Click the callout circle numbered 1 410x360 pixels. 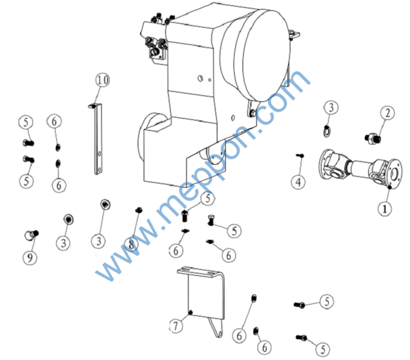[384, 209]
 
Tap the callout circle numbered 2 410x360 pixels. [387, 113]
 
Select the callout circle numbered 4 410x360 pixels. [298, 182]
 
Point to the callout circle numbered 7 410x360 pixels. [176, 326]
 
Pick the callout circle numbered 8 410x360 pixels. [131, 244]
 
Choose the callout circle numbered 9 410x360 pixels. [30, 258]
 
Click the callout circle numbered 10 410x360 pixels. [102, 80]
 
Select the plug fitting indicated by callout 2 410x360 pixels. [372, 139]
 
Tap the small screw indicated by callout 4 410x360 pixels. [300, 155]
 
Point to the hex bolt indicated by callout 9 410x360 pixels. [32, 234]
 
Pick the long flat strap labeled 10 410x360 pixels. [98, 139]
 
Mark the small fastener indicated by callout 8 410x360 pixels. [139, 210]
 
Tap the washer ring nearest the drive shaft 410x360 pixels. [327, 131]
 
